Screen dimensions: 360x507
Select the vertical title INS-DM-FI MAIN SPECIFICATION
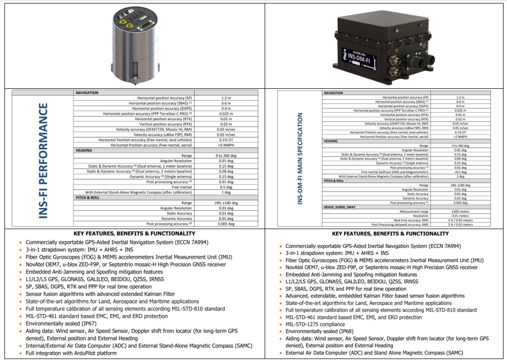click(x=299, y=159)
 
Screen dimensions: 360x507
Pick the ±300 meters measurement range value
click(x=460, y=211)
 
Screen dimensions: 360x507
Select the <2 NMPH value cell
click(x=460, y=136)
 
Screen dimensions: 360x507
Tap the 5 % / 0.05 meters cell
click(x=460, y=220)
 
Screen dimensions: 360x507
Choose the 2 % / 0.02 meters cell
click(x=460, y=225)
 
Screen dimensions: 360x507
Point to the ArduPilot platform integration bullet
click(x=71, y=353)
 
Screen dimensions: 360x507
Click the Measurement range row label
click(x=414, y=211)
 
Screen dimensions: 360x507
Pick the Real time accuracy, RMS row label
click(x=411, y=220)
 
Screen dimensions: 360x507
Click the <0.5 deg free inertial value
click(x=460, y=172)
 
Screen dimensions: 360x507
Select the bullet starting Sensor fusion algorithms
click(x=100, y=294)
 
